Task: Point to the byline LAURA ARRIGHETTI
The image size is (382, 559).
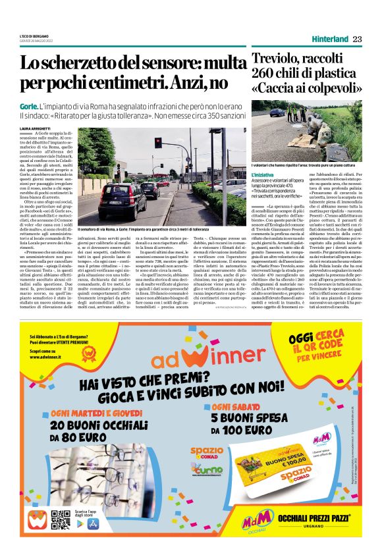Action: click(x=36, y=128)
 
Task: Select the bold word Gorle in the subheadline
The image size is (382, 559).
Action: click(x=28, y=106)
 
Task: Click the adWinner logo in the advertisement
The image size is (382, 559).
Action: click(x=192, y=359)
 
